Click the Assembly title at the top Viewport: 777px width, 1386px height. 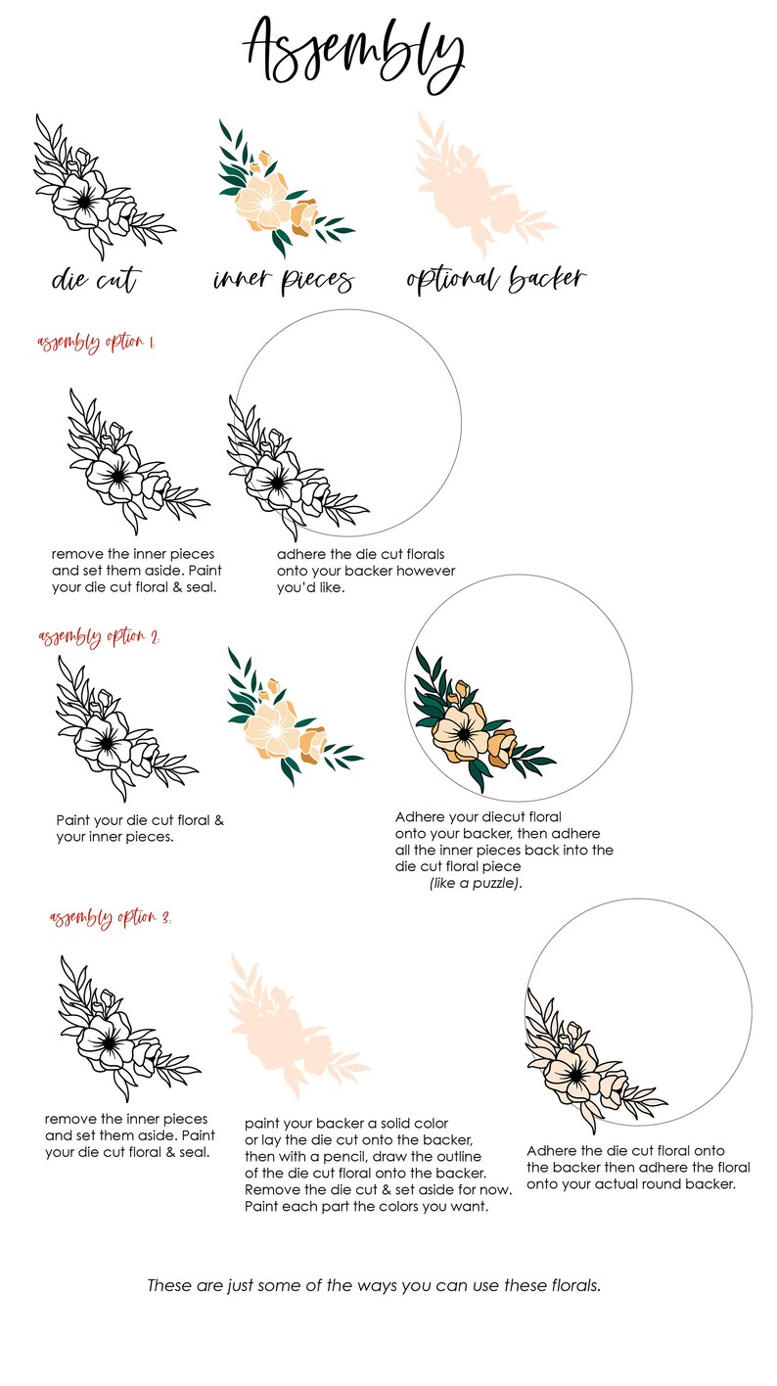point(353,49)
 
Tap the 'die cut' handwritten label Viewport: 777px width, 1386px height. point(94,281)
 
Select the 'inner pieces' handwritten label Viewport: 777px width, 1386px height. point(283,281)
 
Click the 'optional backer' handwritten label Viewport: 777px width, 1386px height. point(495,279)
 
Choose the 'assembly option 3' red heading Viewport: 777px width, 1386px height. point(110,918)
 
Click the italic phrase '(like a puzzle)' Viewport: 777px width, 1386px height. point(476,883)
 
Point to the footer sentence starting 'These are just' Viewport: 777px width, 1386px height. point(373,1285)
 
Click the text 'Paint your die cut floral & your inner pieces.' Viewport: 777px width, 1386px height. point(139,828)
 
